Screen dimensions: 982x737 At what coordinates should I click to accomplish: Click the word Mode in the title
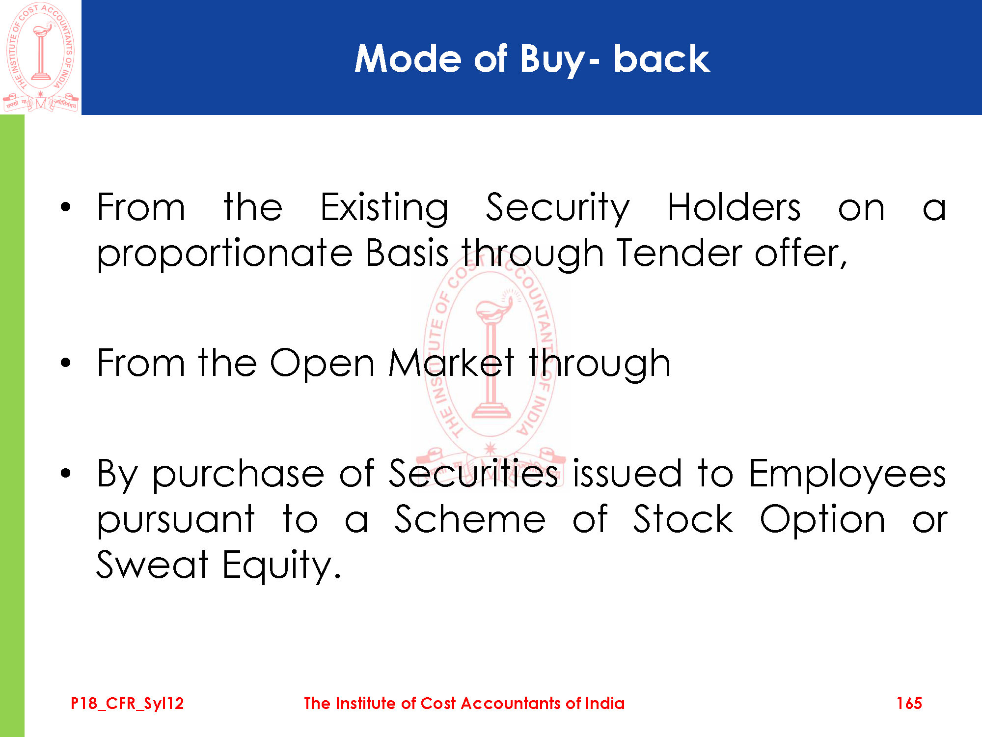click(408, 59)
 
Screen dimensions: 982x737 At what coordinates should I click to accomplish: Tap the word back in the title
click(661, 58)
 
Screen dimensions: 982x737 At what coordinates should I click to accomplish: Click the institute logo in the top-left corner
click(41, 57)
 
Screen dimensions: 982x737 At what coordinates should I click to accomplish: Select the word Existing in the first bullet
click(384, 209)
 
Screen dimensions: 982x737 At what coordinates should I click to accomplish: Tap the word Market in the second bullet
click(451, 363)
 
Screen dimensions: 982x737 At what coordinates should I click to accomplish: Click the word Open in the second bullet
click(323, 366)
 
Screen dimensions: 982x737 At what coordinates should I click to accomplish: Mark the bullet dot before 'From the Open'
click(66, 363)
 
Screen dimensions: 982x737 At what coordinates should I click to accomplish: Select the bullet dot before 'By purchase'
click(66, 473)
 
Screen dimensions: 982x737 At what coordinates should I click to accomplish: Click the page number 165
click(909, 703)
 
